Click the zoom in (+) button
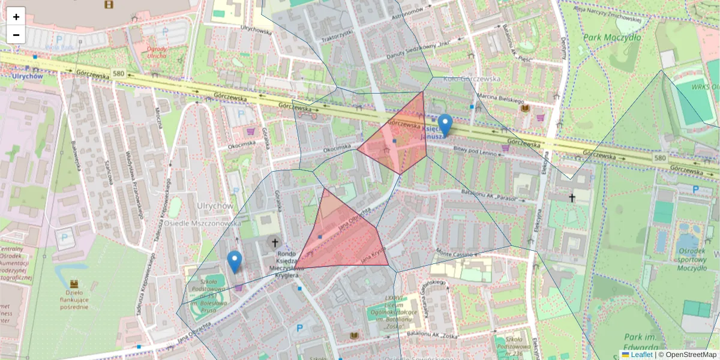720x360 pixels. coord(16,16)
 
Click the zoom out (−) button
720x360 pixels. coord(16,34)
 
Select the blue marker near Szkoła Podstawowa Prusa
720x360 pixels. coord(235,262)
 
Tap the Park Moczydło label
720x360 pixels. coord(611,38)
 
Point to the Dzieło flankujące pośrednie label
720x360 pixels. coord(74,299)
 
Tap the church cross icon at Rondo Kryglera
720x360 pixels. coord(275,242)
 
